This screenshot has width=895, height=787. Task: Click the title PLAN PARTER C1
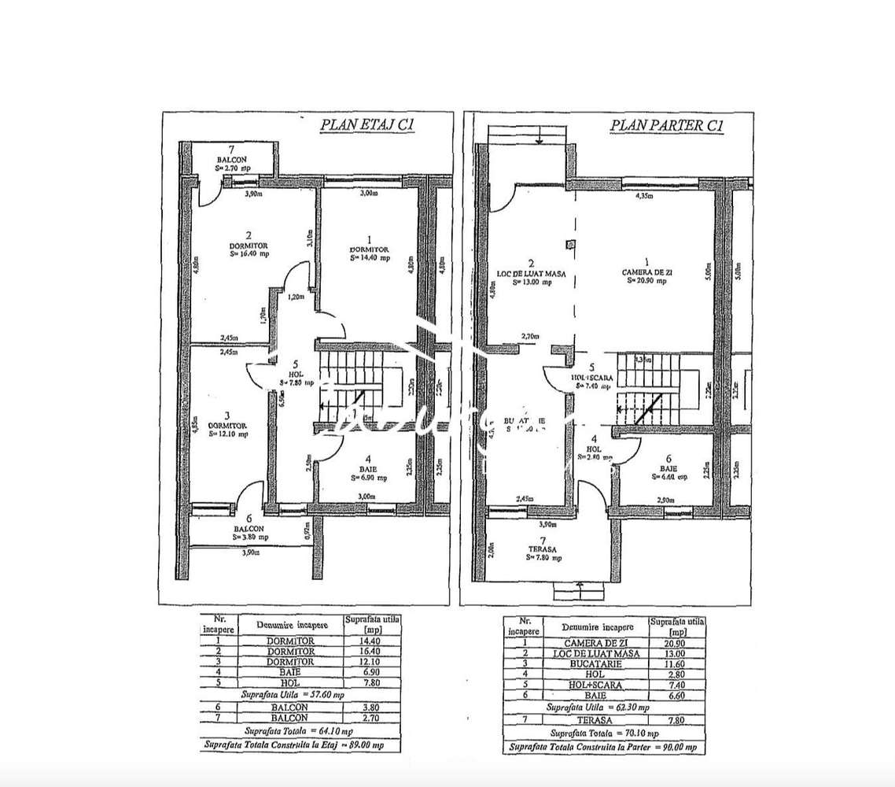(667, 126)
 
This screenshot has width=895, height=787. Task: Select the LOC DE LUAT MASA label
(531, 276)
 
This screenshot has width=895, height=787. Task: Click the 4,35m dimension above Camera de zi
(646, 197)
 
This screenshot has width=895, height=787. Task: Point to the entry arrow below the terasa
(578, 585)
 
